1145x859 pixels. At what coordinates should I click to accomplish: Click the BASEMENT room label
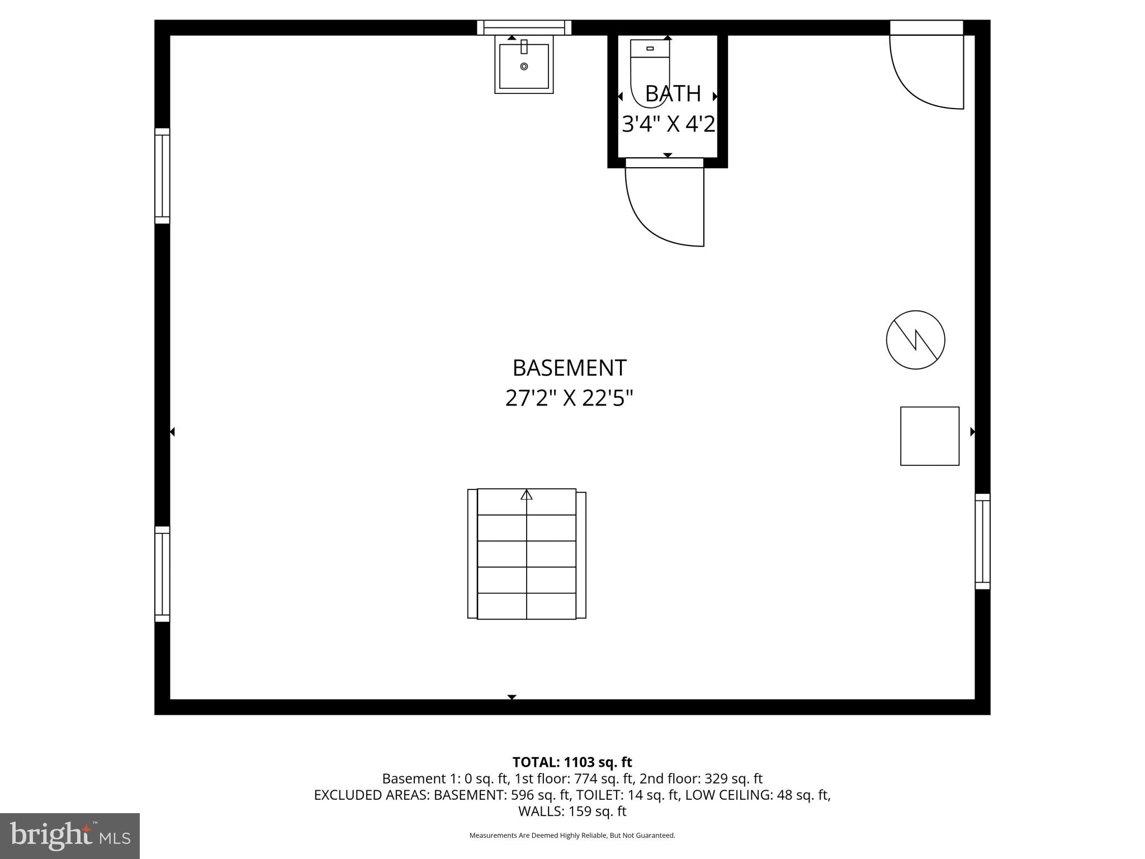pyautogui.click(x=569, y=368)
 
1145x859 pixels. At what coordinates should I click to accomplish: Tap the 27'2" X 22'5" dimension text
pyautogui.click(x=569, y=399)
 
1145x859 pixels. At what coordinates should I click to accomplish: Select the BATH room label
pyautogui.click(x=673, y=94)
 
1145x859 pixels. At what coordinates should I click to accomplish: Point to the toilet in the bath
pyautogui.click(x=650, y=70)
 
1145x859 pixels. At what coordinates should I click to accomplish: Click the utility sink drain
pyautogui.click(x=524, y=67)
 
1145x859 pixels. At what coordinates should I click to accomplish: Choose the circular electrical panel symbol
pyautogui.click(x=915, y=340)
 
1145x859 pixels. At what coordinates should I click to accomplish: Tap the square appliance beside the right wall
pyautogui.click(x=929, y=436)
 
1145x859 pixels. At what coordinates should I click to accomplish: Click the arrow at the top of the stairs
pyautogui.click(x=526, y=494)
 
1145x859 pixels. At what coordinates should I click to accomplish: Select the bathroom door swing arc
pyautogui.click(x=654, y=218)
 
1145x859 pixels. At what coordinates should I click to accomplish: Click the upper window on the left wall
pyautogui.click(x=162, y=176)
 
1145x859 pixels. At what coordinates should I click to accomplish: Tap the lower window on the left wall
pyautogui.click(x=162, y=574)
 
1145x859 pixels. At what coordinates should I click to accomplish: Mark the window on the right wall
pyautogui.click(x=982, y=541)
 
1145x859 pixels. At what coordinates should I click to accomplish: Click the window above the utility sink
pyautogui.click(x=524, y=27)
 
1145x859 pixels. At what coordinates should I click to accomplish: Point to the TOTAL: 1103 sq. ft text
pyautogui.click(x=572, y=762)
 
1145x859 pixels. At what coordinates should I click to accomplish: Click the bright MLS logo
pyautogui.click(x=70, y=836)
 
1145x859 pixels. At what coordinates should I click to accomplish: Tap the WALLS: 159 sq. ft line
pyautogui.click(x=572, y=811)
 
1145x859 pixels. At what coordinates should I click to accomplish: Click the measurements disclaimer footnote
pyautogui.click(x=572, y=836)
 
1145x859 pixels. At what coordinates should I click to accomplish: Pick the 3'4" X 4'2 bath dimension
pyautogui.click(x=668, y=124)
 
